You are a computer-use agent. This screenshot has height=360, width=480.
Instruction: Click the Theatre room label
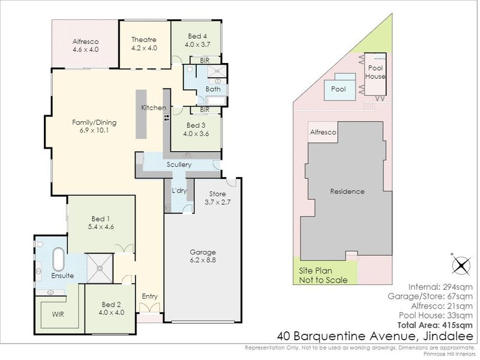click(x=144, y=40)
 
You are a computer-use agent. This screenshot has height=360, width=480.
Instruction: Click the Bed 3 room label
click(x=196, y=125)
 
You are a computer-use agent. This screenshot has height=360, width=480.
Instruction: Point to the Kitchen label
click(x=154, y=107)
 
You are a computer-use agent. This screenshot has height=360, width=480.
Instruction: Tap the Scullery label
click(x=179, y=164)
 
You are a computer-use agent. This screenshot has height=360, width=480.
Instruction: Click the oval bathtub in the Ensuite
click(x=58, y=260)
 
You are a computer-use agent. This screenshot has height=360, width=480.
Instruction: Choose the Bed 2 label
click(x=112, y=304)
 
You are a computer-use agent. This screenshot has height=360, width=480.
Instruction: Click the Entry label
click(x=149, y=296)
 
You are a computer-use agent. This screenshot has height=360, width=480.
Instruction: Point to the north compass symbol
click(x=460, y=264)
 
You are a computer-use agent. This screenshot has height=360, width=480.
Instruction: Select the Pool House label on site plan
click(x=376, y=73)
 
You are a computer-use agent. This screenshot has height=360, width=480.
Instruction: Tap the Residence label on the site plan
click(x=347, y=191)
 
